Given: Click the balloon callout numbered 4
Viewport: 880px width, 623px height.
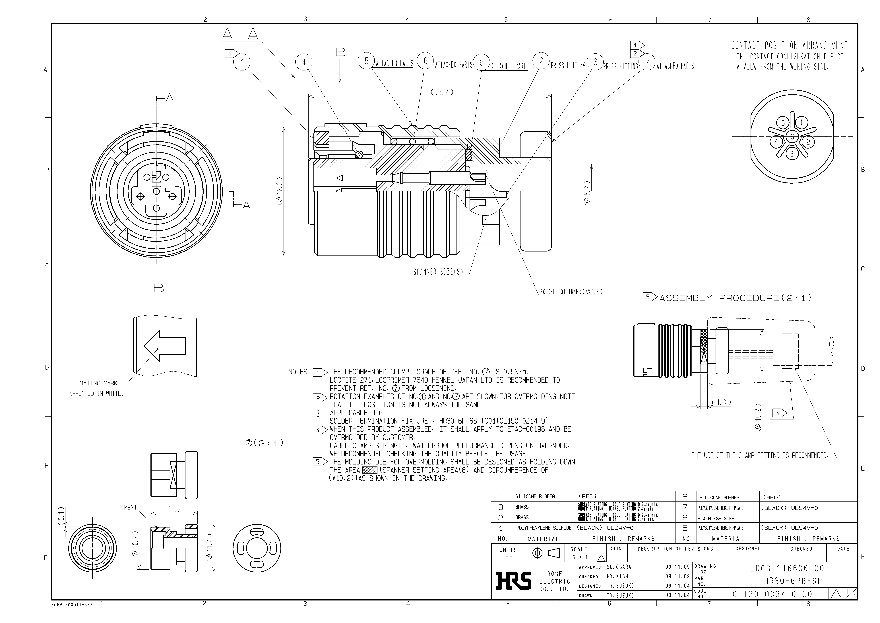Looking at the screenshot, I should [x=304, y=62].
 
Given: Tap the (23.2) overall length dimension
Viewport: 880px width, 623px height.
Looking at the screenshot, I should [x=442, y=92].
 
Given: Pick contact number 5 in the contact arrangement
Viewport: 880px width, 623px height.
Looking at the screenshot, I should [x=783, y=123].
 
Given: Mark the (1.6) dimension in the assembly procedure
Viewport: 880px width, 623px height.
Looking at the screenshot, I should [x=721, y=403].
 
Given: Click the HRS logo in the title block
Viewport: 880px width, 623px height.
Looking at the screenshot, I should [x=514, y=580].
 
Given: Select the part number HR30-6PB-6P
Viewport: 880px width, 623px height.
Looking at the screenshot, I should [x=793, y=581].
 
